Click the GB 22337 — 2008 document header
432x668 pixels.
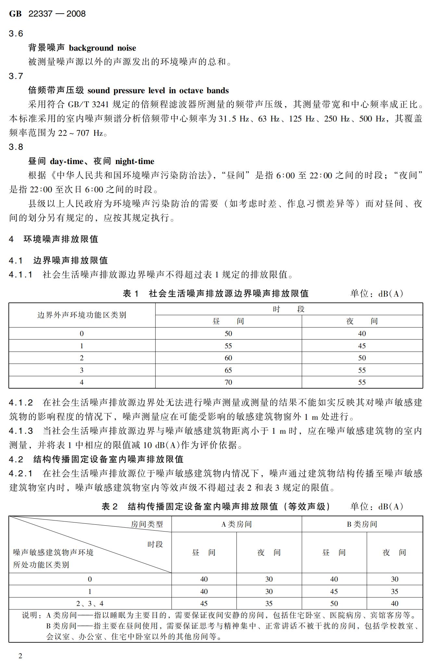click(x=47, y=14)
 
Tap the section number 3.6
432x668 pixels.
click(x=16, y=33)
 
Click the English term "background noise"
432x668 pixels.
click(x=102, y=48)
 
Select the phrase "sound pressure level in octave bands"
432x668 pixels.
click(x=158, y=90)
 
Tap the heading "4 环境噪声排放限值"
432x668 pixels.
click(x=54, y=239)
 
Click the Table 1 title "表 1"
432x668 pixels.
click(x=131, y=294)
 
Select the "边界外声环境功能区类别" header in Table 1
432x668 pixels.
click(x=82, y=315)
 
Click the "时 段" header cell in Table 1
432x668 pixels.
click(x=289, y=309)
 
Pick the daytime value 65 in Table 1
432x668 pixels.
click(x=228, y=370)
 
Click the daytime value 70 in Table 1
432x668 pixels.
click(x=228, y=382)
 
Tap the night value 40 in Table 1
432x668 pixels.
click(x=362, y=334)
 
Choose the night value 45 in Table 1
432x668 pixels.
click(x=362, y=346)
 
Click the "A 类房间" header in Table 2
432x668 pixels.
click(x=236, y=524)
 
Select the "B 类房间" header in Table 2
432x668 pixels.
click(x=362, y=524)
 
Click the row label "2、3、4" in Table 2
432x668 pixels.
click(x=90, y=604)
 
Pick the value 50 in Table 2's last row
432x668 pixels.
click(x=334, y=604)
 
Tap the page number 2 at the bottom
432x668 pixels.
click(x=20, y=656)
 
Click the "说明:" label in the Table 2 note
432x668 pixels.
click(x=32, y=615)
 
